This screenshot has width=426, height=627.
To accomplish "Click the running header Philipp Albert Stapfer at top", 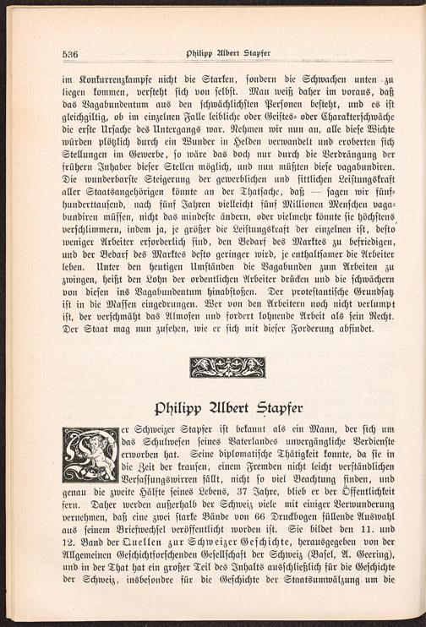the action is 221,52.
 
